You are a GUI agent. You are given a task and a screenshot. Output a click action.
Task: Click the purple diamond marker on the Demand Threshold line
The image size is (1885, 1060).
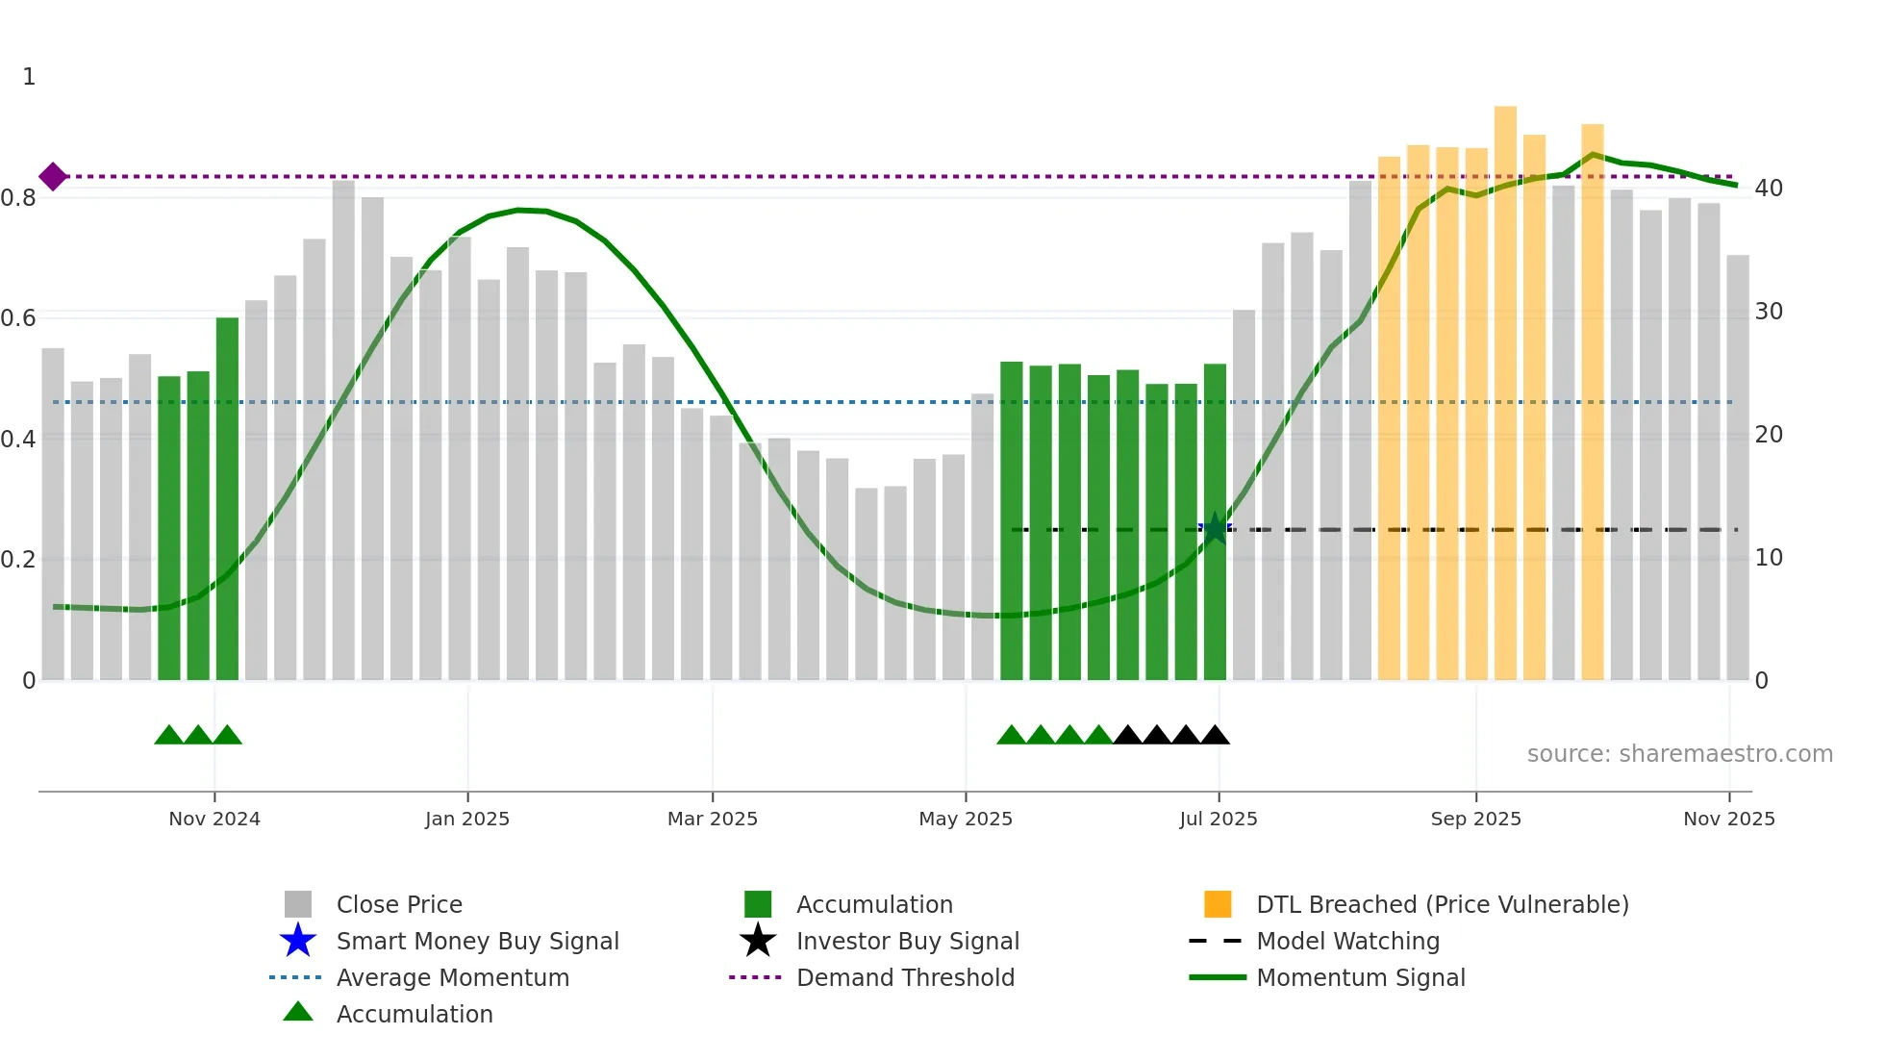[x=53, y=176]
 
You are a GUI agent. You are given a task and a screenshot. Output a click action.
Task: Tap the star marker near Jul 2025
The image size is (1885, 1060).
[x=1216, y=528]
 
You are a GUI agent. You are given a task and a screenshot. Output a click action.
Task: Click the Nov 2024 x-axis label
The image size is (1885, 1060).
[x=214, y=819]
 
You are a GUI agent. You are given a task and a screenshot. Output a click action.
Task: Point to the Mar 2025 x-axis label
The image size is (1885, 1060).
[x=713, y=819]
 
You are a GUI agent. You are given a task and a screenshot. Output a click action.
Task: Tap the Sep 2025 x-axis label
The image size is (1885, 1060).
[x=1476, y=819]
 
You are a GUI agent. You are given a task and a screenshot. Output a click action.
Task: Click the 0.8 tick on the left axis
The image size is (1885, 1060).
[x=19, y=198]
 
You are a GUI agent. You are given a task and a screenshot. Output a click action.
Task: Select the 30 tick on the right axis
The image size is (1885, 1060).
[x=1769, y=312]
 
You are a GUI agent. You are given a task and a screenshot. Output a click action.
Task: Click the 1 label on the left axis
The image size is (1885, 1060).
[x=29, y=77]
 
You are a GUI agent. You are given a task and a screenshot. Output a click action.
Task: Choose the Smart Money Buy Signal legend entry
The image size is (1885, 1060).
[x=477, y=941]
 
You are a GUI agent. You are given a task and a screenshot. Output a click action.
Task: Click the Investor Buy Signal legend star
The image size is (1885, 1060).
[x=758, y=941]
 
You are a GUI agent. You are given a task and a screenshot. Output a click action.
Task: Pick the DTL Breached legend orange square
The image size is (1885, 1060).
[x=1218, y=904]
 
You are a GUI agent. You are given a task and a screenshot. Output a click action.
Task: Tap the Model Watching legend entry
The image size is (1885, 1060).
[x=1347, y=941]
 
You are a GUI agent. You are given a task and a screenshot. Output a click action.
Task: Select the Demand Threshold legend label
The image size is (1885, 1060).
[x=905, y=977]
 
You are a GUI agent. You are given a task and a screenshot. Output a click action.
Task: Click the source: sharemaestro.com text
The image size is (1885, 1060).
[x=1679, y=754]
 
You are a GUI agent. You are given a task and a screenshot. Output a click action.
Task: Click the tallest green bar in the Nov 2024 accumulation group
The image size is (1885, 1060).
[x=227, y=498]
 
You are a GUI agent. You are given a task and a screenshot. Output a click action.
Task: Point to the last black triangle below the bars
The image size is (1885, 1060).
[x=1216, y=736]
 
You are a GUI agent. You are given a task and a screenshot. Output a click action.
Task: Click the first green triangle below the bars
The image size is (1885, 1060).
[x=168, y=736]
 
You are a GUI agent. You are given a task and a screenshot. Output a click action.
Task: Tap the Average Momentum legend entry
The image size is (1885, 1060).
[x=452, y=977]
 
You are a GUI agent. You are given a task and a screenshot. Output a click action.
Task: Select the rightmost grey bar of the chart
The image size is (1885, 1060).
[x=1738, y=467]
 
